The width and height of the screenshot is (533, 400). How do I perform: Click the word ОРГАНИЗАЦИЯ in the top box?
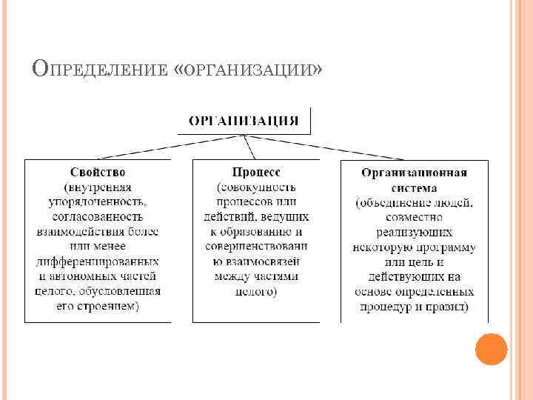244,121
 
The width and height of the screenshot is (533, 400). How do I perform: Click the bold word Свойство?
98,171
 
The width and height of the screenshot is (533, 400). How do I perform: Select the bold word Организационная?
414,173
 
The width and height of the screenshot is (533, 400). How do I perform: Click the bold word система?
415,187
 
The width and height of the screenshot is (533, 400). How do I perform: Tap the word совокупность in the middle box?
256,186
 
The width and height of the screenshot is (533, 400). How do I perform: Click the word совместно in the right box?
414,217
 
